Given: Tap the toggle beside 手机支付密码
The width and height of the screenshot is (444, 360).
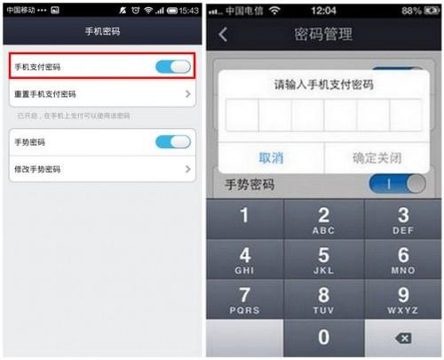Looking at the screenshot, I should pos(172,67).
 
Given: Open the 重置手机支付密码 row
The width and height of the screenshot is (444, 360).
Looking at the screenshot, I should pos(102,93).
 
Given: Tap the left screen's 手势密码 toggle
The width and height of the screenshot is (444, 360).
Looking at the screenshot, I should pos(172,142).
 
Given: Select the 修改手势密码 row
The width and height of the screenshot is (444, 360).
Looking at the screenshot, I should pos(102,168).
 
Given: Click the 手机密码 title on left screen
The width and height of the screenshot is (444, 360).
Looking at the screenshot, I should pos(102,32).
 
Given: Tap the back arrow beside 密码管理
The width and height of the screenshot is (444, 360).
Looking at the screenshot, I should pos(222,35).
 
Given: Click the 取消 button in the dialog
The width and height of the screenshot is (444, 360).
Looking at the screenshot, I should pos(271,157).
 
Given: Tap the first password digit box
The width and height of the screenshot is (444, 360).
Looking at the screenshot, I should pos(242,116).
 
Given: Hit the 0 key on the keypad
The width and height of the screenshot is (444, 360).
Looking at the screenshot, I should pos(323,338).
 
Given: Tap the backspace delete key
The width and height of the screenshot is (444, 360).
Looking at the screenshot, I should pos(402,338).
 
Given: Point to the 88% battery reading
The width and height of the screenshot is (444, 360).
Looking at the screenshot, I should pos(410,10).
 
